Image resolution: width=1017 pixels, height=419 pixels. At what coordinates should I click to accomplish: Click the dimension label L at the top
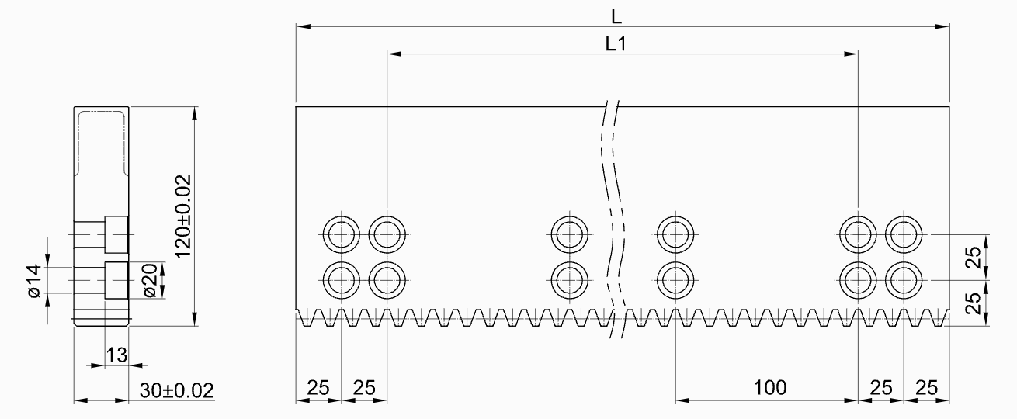point(618,15)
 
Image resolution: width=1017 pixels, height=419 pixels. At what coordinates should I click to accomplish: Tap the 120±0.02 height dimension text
point(183,214)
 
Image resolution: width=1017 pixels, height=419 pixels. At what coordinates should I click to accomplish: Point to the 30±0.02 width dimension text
point(177,390)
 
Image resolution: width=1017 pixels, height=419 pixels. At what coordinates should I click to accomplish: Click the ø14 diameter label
point(33,280)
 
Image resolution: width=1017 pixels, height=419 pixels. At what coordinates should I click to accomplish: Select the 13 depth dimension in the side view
point(116,355)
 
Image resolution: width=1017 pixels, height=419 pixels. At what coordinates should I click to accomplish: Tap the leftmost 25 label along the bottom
point(318,386)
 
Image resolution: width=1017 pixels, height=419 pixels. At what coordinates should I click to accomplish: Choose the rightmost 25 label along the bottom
point(926,386)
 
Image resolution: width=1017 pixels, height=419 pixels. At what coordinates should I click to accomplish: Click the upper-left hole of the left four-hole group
point(341,234)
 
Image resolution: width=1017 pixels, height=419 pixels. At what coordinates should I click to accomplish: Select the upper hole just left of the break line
point(569,234)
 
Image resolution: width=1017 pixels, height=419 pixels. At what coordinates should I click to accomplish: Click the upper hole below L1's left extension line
point(387,234)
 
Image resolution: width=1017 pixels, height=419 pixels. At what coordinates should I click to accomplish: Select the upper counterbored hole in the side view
point(101,234)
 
